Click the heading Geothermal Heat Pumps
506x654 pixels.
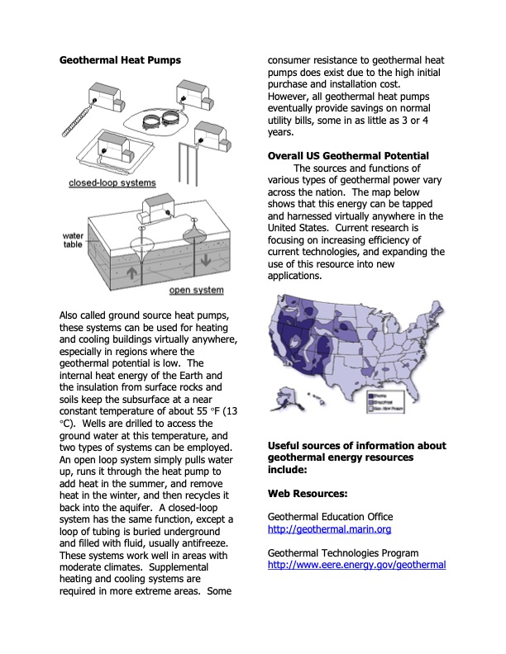[120, 60]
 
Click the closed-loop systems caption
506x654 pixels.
[111, 183]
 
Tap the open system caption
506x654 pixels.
[196, 290]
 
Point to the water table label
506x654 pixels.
[74, 241]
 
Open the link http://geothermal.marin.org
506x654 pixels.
[329, 529]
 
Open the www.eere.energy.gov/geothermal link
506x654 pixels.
[356, 565]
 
